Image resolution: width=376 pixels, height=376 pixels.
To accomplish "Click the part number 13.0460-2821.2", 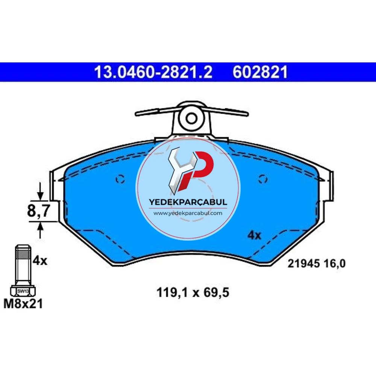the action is (153, 72).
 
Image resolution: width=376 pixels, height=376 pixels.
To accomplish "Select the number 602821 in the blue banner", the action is (260, 72).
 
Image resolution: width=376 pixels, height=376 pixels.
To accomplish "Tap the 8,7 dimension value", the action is (39, 211).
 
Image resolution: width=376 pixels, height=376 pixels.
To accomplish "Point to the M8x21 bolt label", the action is (23, 303).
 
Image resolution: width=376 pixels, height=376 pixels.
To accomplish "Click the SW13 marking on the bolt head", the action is (23, 291).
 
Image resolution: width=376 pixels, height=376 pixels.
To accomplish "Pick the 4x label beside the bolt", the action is (40, 261).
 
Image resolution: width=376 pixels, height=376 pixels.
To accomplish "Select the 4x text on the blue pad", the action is (254, 235).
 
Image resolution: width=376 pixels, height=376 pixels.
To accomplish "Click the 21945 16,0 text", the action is (317, 264).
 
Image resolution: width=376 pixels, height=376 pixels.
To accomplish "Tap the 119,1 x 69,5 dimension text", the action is (193, 293).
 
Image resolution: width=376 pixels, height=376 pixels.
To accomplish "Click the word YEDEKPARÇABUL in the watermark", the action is (188, 202).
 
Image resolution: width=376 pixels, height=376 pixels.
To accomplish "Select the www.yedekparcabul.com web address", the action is (188, 213).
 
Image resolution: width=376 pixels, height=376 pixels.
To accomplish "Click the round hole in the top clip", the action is (191, 118).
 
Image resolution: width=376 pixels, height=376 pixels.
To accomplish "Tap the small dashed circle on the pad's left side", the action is (120, 179).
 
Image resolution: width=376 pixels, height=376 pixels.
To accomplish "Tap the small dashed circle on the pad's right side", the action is (263, 179).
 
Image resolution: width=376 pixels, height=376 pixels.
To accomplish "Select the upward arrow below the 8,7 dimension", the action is (40, 230).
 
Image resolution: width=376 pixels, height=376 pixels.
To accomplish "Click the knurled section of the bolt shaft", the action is (23, 253).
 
